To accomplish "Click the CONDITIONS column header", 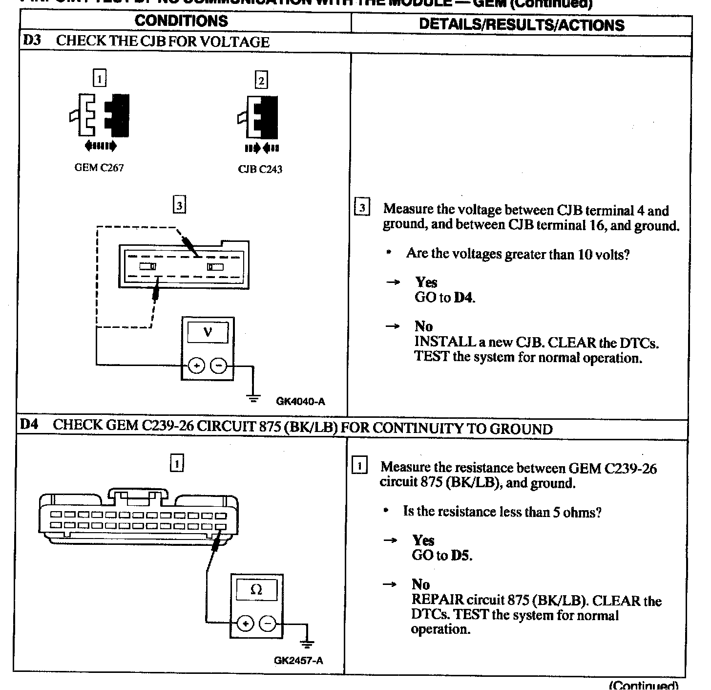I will [x=181, y=21].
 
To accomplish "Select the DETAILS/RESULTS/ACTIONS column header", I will [x=522, y=25].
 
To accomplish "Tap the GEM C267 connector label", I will [x=99, y=168].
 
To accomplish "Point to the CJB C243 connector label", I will [x=260, y=170].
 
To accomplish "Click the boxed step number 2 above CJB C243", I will [x=261, y=80].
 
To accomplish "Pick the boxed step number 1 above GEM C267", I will [x=100, y=78].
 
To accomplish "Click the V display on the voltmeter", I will [x=208, y=333].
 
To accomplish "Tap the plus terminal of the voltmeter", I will [x=196, y=366].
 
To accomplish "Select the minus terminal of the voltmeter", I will [x=219, y=366].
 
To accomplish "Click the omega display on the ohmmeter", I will [x=256, y=590].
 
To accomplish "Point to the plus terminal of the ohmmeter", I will [x=245, y=624].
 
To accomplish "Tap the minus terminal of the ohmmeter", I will [x=267, y=624].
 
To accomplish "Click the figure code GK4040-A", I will [x=300, y=402].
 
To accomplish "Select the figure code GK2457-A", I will [x=298, y=661].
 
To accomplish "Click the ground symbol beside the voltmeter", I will [x=253, y=398].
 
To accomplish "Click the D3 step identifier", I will [x=32, y=40].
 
